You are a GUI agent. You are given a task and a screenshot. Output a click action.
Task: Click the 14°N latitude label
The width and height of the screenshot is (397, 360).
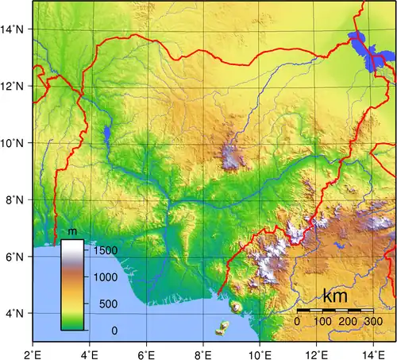point(13,29)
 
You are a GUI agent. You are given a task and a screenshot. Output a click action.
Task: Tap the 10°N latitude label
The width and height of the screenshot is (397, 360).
point(13,143)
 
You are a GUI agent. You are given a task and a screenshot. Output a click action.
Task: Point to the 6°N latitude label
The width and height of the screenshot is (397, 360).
point(13,257)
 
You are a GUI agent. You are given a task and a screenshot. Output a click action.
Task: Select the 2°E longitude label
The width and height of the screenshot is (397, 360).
point(33,352)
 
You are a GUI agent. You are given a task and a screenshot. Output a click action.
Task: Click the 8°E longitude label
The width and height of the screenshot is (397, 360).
point(203,352)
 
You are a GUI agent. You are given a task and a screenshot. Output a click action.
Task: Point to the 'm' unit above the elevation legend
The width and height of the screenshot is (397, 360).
point(72,232)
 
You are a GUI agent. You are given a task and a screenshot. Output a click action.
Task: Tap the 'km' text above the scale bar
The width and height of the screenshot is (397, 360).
point(336,294)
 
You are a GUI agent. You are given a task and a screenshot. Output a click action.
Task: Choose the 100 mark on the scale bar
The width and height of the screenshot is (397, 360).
point(322,321)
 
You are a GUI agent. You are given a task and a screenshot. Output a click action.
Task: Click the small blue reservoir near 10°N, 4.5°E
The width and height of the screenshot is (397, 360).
point(106,136)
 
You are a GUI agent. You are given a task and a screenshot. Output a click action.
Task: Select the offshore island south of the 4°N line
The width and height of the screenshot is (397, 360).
point(225,327)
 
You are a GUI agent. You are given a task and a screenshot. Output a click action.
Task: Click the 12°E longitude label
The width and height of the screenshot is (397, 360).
point(317,352)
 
